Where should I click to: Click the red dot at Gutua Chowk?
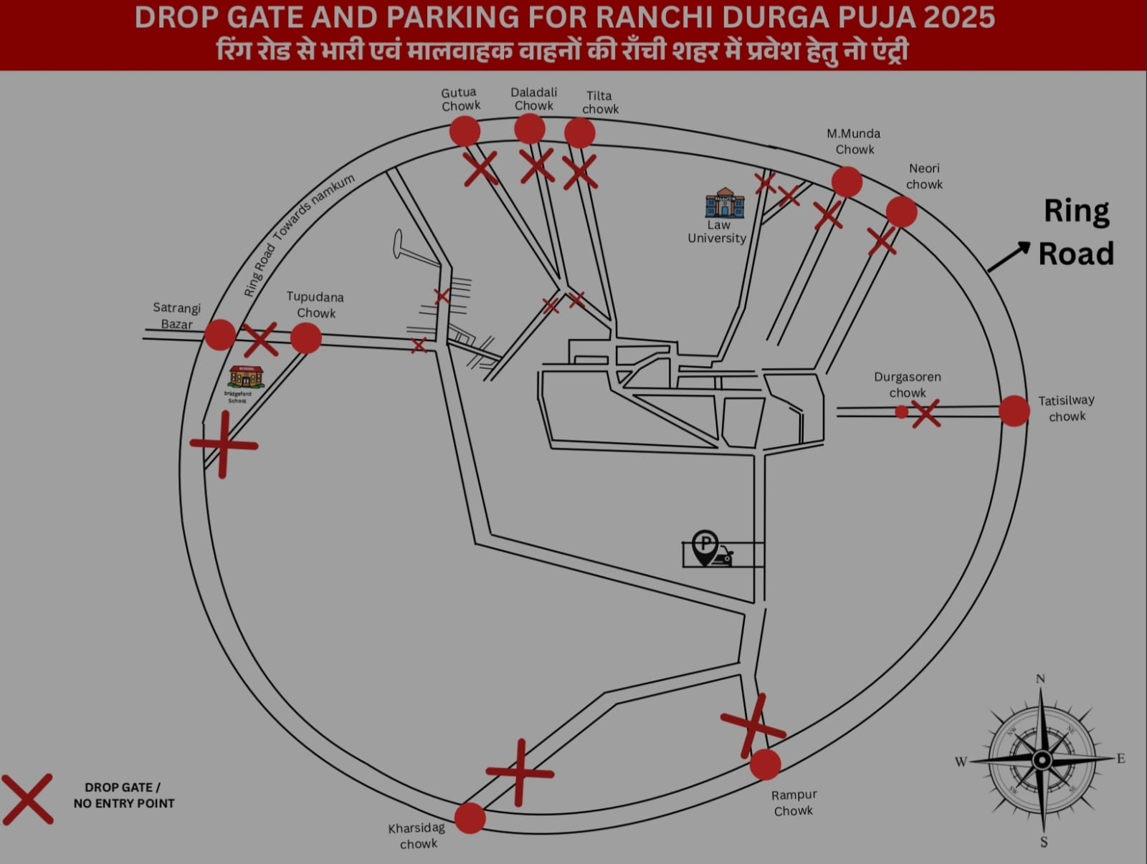point(465,132)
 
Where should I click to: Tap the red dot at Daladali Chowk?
point(530,129)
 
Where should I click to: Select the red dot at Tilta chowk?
point(580,133)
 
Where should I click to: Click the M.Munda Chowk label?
point(854,141)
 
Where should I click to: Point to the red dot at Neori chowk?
point(902,212)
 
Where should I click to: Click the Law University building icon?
point(725,203)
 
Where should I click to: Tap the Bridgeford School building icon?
point(246,377)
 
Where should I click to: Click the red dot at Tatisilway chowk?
point(1014,411)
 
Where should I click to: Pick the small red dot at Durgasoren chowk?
point(902,412)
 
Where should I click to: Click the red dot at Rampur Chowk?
point(766,764)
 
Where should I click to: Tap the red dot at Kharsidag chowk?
point(470,818)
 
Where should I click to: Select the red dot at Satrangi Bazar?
point(220,335)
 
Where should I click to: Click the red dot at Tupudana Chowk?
point(306,338)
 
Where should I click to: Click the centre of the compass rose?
point(1042,760)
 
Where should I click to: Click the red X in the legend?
point(27,799)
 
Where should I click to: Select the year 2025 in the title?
point(958,17)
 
